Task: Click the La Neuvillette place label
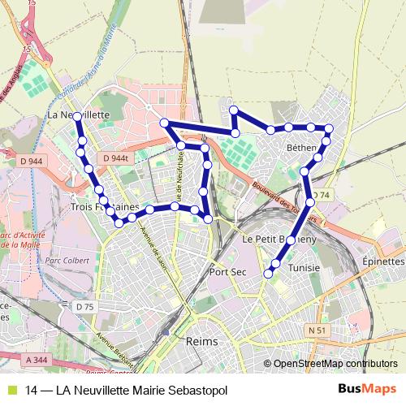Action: click(79, 115)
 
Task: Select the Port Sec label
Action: click(227, 272)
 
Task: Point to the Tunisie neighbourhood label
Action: click(304, 267)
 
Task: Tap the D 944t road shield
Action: click(117, 158)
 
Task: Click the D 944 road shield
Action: click(30, 162)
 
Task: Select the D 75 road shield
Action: click(85, 306)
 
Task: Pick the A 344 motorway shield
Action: click(37, 359)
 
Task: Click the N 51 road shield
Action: click(316, 330)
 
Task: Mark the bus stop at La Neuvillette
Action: click(76, 117)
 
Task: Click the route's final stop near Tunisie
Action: click(269, 274)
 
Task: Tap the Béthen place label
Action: click(302, 149)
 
